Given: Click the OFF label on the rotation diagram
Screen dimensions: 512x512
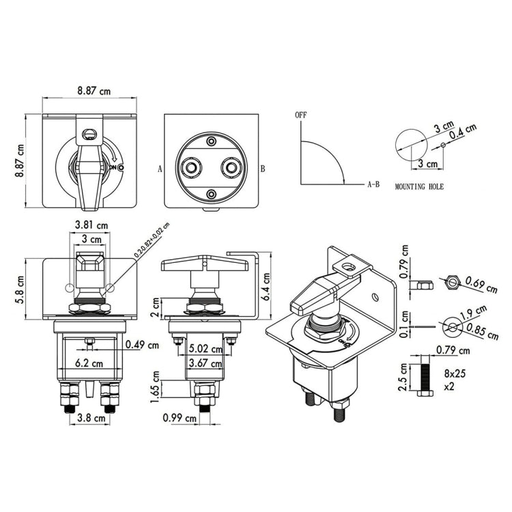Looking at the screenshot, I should (301, 115).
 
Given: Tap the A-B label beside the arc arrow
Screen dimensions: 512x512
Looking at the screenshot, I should (373, 184).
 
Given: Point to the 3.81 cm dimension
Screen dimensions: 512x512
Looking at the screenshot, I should (91, 225).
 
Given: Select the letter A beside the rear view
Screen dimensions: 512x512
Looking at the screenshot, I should (159, 167).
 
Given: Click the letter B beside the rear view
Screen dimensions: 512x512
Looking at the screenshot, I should (262, 167).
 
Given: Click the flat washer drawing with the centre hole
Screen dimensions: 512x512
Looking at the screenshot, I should (451, 326).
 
